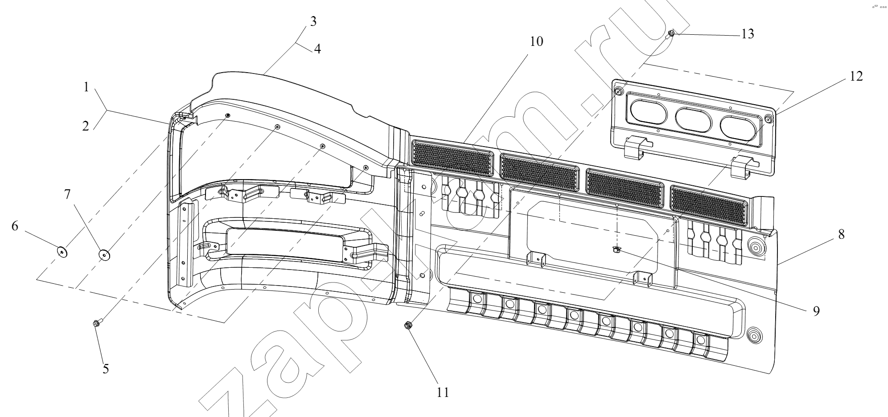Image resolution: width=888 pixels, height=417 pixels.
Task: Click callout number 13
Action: [748, 34]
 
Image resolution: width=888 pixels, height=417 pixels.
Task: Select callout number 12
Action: [856, 76]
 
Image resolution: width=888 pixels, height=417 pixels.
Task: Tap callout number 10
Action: [537, 41]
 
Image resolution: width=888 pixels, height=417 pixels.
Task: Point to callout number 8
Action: [841, 234]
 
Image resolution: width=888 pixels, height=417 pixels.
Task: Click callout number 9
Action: [816, 311]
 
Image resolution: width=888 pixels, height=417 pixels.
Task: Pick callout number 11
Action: [443, 392]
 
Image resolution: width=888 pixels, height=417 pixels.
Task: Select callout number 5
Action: [106, 369]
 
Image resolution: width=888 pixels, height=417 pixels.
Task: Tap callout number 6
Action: [15, 226]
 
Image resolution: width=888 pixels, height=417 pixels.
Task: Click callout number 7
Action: [67, 194]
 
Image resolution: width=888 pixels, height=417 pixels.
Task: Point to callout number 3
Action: [313, 21]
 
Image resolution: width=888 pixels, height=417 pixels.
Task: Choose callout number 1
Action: [86, 87]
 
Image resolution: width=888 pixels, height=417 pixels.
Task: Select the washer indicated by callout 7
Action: [104, 256]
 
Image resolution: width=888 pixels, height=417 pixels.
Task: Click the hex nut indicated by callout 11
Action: [407, 326]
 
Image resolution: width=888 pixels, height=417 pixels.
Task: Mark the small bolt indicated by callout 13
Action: [671, 34]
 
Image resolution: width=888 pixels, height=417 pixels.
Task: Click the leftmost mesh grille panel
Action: [452, 157]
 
